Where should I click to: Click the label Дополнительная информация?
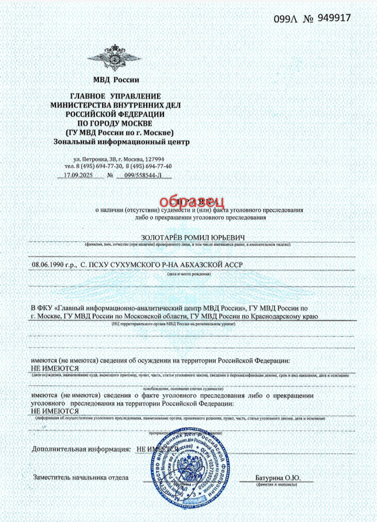coord(81,449)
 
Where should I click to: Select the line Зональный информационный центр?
coord(121,141)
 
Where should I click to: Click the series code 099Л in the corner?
coord(285,19)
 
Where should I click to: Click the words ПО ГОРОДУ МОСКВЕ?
coord(116,123)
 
